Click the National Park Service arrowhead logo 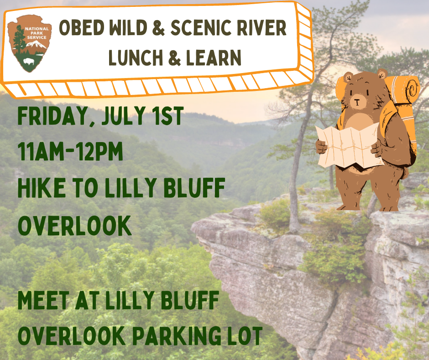point(30,43)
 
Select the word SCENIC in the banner point(200,28)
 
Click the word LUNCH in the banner point(136,58)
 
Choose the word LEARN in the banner point(214,58)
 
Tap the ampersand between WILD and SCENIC point(159,28)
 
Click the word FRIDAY point(52,116)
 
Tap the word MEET point(43,300)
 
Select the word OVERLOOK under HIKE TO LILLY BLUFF point(74,226)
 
